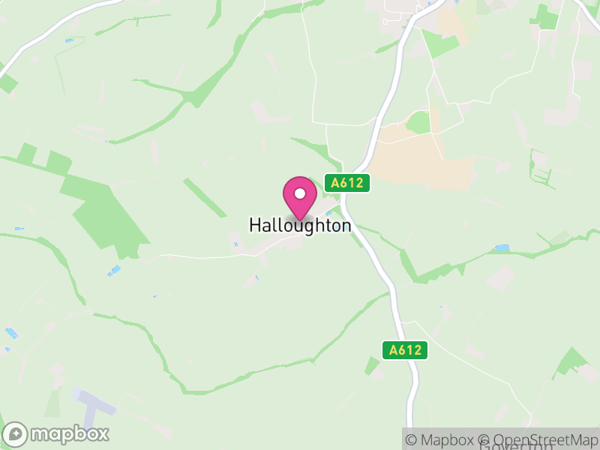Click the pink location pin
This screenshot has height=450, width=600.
[x=300, y=197]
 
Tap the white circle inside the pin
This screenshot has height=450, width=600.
[x=300, y=193]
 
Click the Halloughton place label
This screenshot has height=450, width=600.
[x=300, y=226]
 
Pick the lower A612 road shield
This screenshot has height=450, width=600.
[x=405, y=349]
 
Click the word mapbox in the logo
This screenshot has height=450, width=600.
[x=69, y=433]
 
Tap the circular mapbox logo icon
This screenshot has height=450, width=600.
[x=16, y=434]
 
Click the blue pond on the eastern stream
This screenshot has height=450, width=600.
[x=502, y=247]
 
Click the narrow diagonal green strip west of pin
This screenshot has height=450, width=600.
[x=205, y=196]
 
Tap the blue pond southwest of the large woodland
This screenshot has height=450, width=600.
[x=114, y=270]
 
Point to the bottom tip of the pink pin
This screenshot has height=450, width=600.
[x=300, y=220]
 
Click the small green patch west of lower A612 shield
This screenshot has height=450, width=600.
[x=372, y=366]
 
